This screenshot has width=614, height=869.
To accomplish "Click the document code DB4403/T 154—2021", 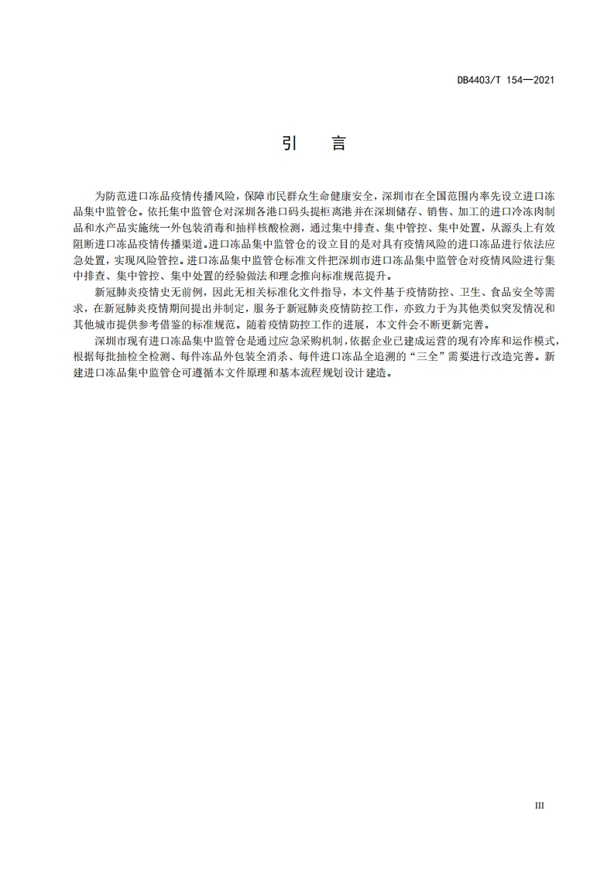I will (506, 80).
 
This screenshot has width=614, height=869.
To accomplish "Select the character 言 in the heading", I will (338, 144).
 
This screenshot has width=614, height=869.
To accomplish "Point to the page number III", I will (540, 805).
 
